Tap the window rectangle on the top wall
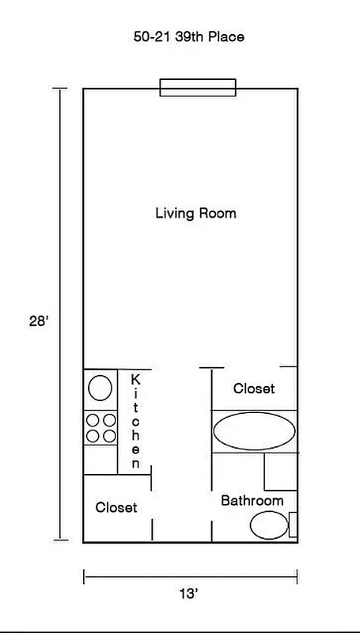point(198,87)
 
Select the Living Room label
point(195,214)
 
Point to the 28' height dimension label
point(40,323)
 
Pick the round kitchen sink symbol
point(100,388)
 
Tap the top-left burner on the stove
point(93,421)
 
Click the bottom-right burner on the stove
point(108,436)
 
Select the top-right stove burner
point(108,421)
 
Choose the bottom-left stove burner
point(93,436)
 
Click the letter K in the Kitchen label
point(136,380)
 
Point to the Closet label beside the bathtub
point(254,389)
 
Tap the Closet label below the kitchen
point(116,507)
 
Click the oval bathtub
point(254,432)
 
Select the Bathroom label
point(252,501)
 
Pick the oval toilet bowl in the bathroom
point(269,525)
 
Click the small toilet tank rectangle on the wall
point(293,525)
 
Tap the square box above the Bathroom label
point(280,472)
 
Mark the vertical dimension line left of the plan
point(61,315)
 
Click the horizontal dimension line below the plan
point(190,576)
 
